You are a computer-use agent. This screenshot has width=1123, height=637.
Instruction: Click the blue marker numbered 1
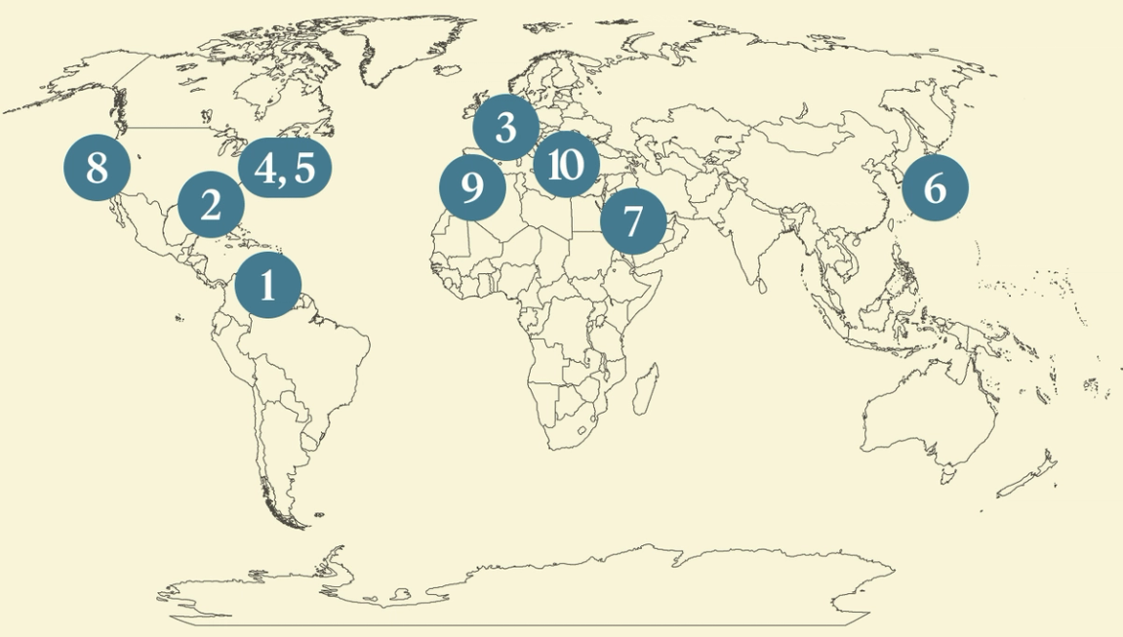click(x=268, y=285)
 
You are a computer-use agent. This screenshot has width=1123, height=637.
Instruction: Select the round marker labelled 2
click(x=211, y=205)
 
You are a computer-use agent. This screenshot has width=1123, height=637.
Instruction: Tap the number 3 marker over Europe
click(x=505, y=127)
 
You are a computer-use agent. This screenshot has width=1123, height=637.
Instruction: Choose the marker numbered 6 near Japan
click(x=935, y=187)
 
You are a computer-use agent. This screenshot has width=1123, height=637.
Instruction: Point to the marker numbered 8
click(x=97, y=168)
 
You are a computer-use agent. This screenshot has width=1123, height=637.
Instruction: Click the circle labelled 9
click(x=472, y=187)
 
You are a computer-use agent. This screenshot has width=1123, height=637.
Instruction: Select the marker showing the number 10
click(x=566, y=165)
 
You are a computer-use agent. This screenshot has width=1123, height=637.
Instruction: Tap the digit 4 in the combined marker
click(x=265, y=168)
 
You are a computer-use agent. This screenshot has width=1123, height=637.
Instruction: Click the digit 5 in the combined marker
click(x=303, y=168)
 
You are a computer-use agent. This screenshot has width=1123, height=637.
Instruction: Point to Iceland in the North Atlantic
click(x=450, y=71)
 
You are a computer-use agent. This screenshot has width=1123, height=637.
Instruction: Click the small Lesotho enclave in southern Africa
click(x=582, y=430)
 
